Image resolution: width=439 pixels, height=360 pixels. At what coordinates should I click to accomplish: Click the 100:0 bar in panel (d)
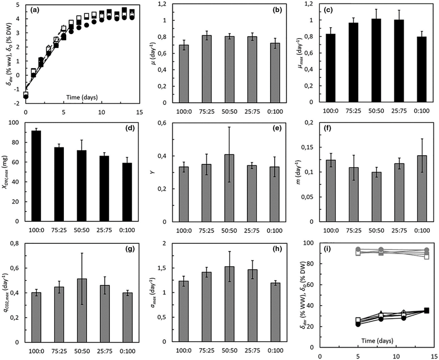[x=36, y=176]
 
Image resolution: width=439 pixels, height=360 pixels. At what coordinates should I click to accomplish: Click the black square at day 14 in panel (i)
[x=426, y=310]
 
